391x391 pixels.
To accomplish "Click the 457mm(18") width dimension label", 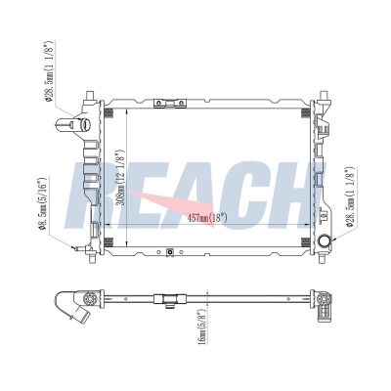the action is pos(207,218).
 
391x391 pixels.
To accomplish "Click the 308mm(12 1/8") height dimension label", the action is pos(120,177).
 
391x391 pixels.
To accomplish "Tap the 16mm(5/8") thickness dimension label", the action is pos(202,326).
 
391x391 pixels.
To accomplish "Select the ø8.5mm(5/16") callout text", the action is pos(43,203).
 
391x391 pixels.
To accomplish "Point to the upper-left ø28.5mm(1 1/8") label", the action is pos(49,70).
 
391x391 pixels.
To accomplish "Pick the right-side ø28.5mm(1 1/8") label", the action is pos(350,196).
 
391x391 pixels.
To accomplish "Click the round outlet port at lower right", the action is pos(325,241).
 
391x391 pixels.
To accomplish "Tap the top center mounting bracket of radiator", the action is pos(169,104).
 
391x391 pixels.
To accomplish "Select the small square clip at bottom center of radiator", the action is pos(169,252).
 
